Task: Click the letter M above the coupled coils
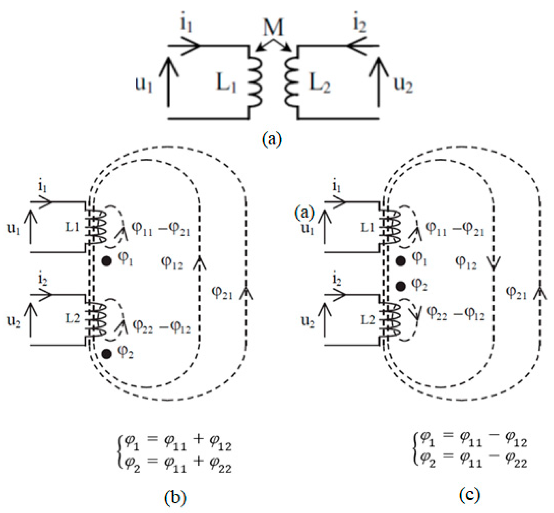tap(273, 27)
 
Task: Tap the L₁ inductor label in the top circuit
tap(226, 83)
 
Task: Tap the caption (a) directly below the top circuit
tap(272, 139)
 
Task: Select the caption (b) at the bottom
tap(175, 497)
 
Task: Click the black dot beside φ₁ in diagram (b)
tap(107, 261)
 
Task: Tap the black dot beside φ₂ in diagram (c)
tap(401, 286)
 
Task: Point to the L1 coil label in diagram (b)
tap(72, 227)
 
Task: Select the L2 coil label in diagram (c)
tap(368, 320)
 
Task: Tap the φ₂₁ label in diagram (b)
tap(222, 292)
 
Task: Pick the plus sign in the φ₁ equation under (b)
tap(198, 439)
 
